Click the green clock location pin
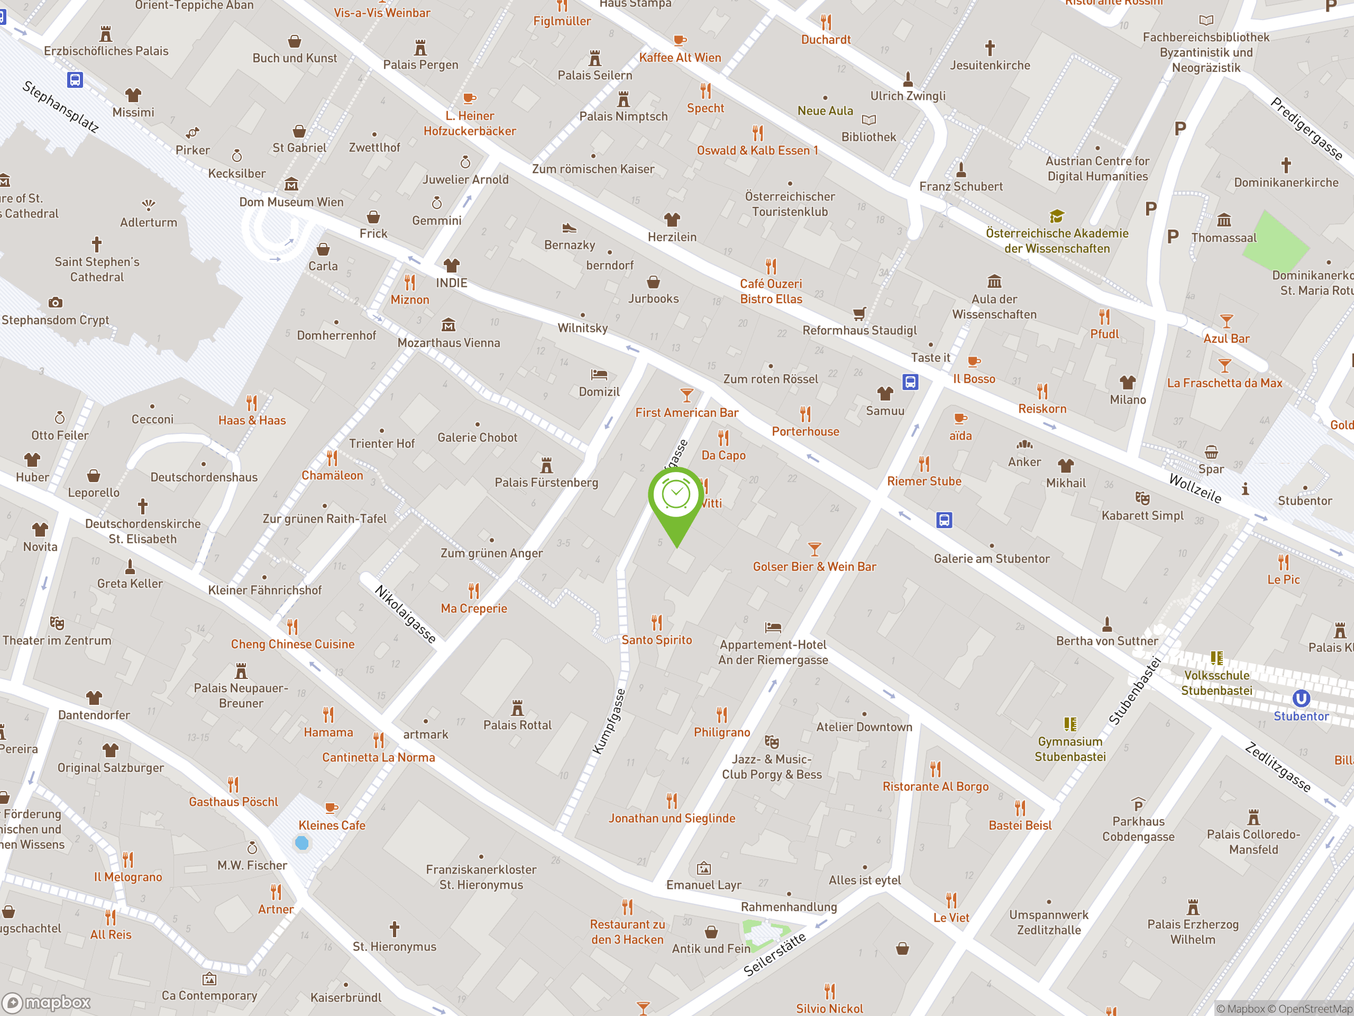676,495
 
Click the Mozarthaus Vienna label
449,343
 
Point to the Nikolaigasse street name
405,614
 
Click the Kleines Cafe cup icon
331,808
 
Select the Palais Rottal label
517,725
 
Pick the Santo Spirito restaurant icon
657,622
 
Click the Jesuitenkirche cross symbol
990,48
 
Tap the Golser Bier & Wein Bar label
814,567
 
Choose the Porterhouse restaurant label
805,431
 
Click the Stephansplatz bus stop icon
75,79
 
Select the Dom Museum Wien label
291,202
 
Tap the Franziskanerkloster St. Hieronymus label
481,877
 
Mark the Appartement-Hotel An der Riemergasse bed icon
773,627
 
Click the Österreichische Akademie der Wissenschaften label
1057,241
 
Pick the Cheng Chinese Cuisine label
292,645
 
